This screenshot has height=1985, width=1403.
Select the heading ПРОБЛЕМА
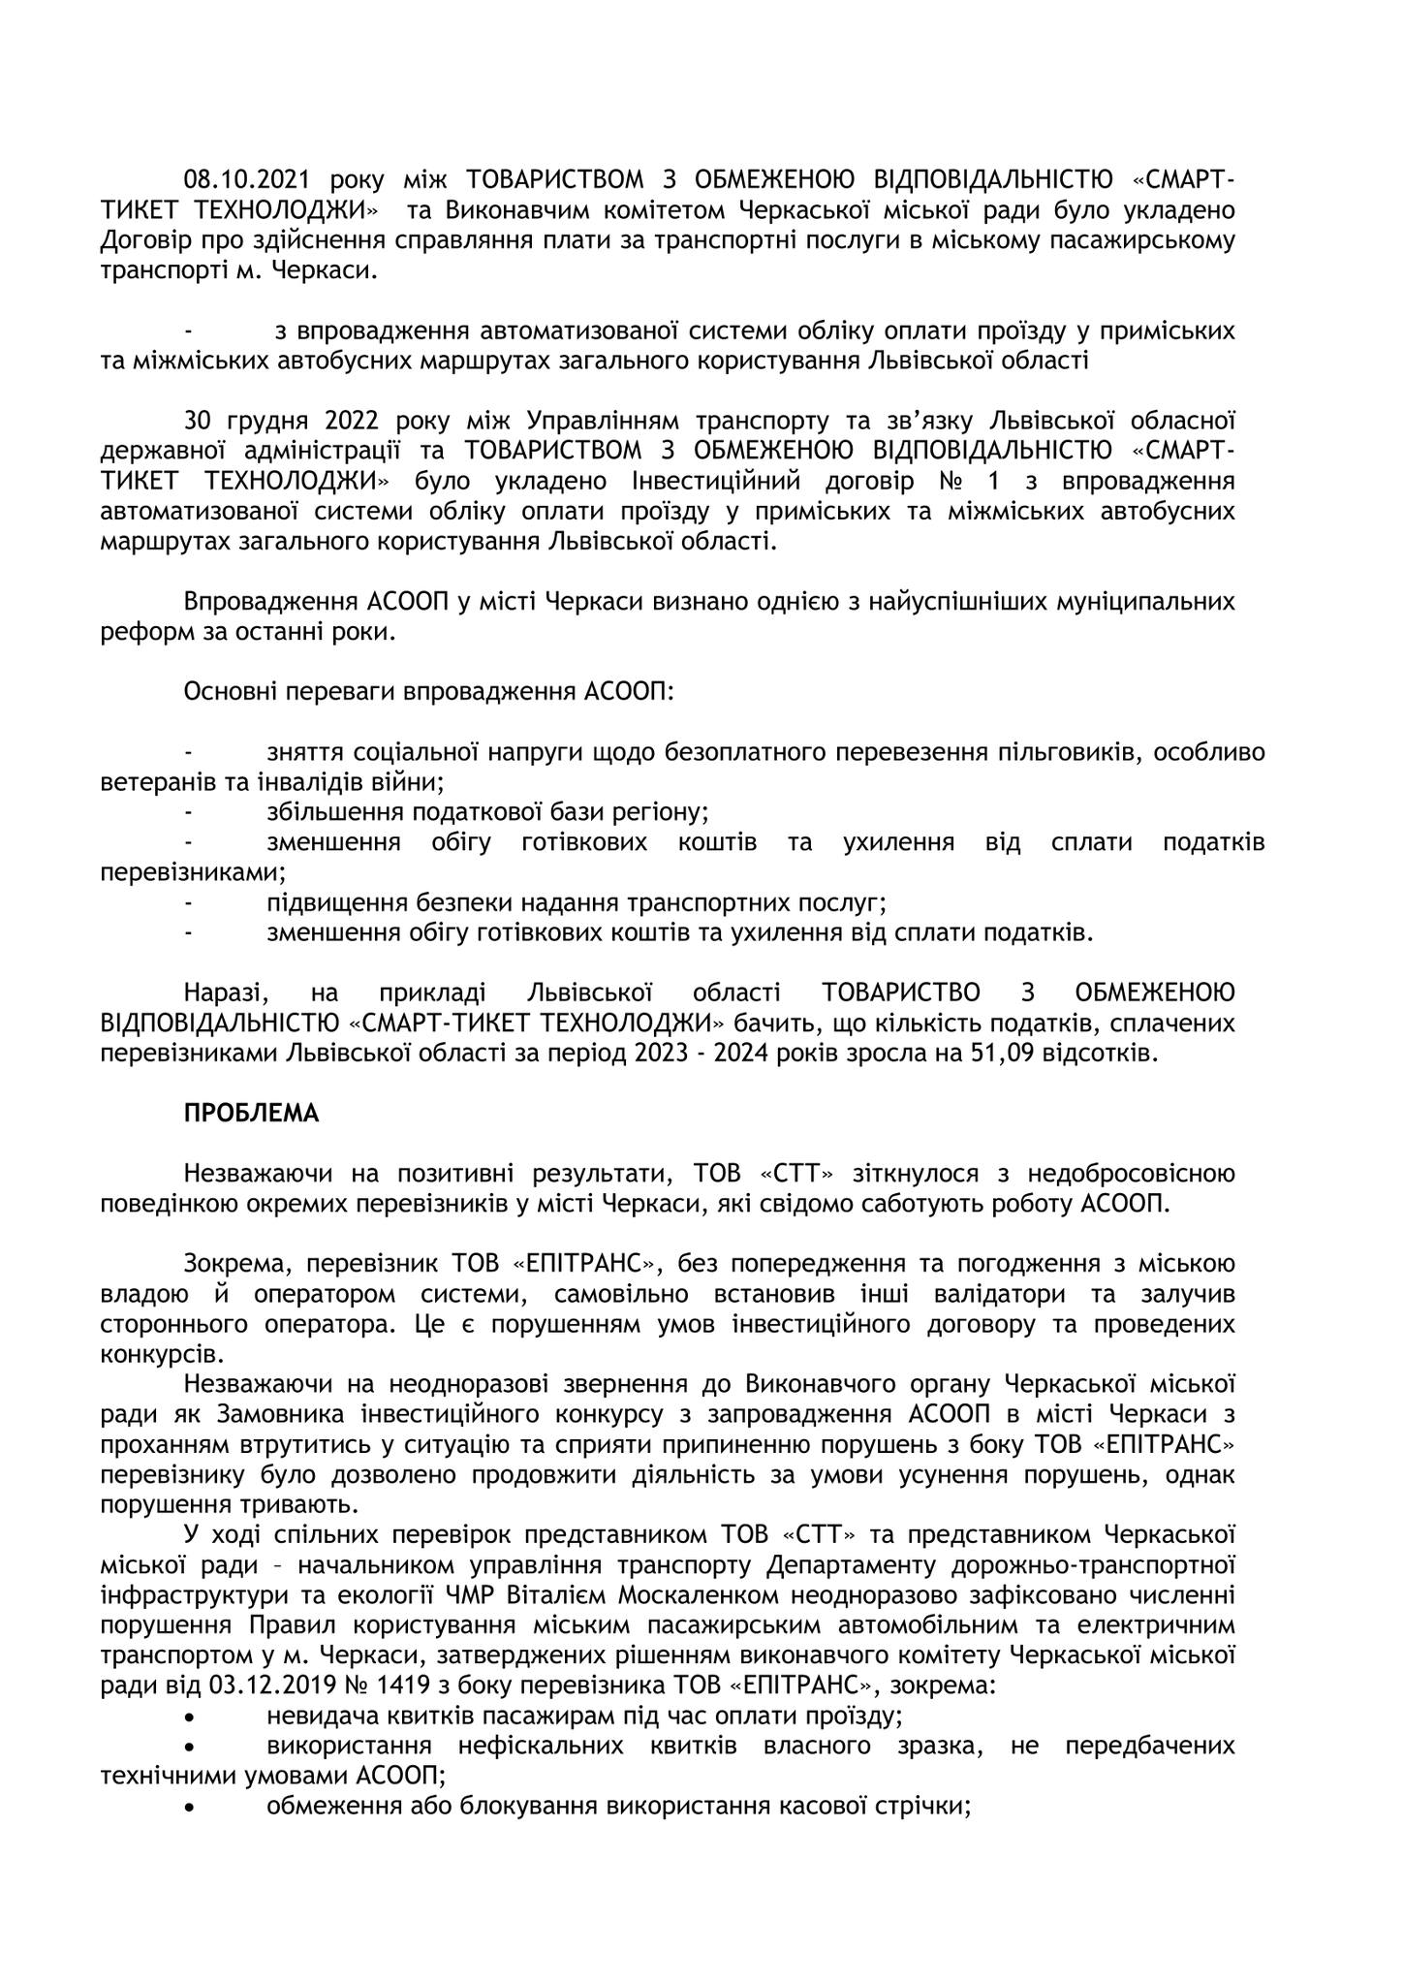[x=251, y=1115]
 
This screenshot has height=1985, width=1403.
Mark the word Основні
[x=228, y=693]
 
